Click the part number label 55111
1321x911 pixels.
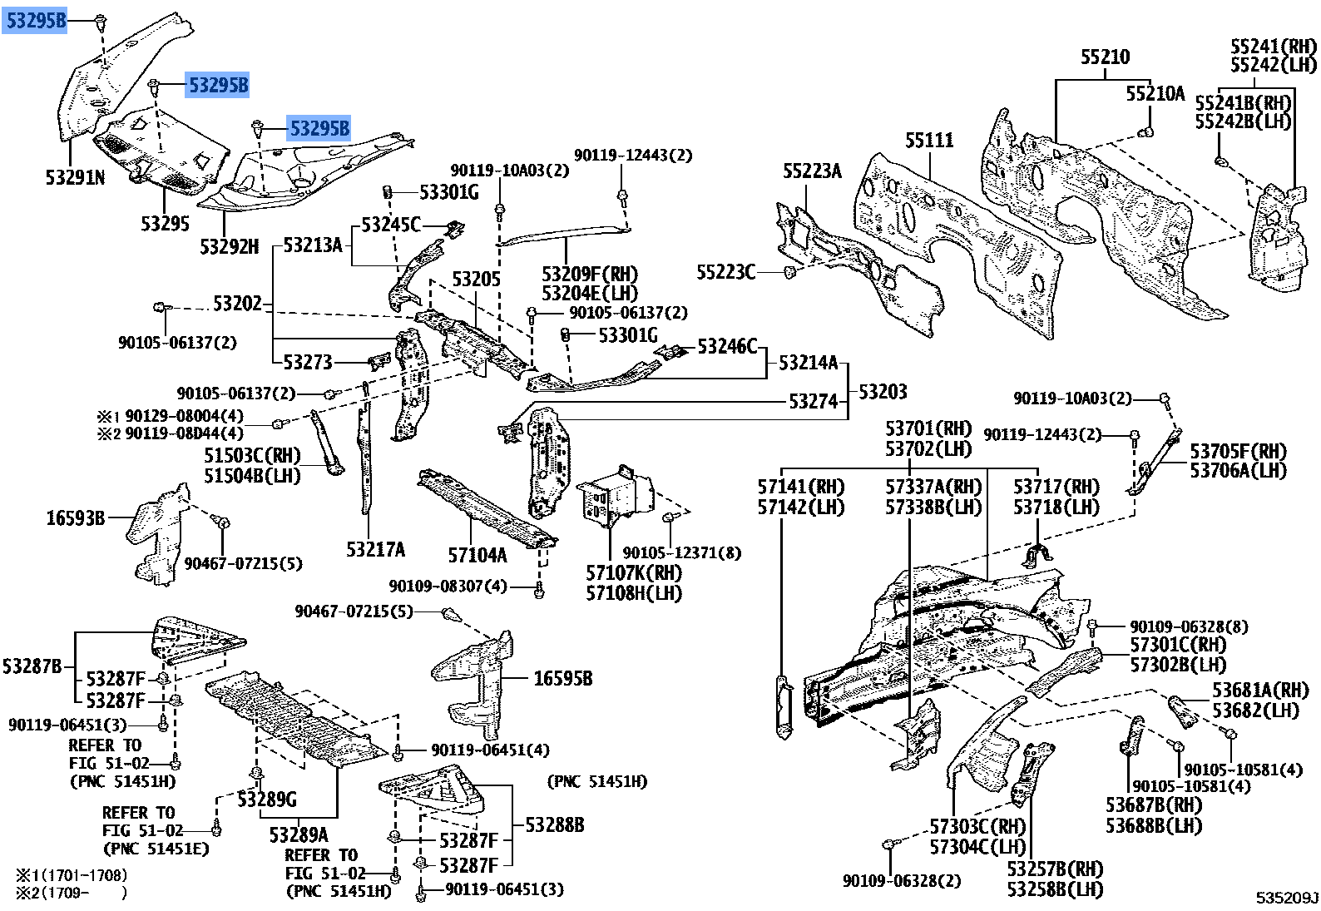tap(929, 141)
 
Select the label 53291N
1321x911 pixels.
tap(75, 177)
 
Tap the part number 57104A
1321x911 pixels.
tap(477, 555)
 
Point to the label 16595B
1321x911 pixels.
tap(562, 679)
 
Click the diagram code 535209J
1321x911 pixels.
tap(1287, 898)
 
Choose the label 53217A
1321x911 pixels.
tap(376, 549)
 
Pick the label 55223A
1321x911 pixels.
tap(812, 171)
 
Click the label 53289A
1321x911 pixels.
tap(299, 833)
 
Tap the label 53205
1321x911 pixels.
tap(477, 280)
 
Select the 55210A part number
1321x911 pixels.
tap(1155, 94)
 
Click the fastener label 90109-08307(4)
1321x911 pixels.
tap(448, 587)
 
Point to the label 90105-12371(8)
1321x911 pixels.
tap(682, 552)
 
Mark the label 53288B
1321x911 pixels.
tap(554, 824)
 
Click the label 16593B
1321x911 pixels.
tap(75, 518)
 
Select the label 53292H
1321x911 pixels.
tap(230, 246)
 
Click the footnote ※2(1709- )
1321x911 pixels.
tap(72, 894)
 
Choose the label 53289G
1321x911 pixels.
tap(266, 800)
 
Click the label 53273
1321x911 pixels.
tap(308, 362)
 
